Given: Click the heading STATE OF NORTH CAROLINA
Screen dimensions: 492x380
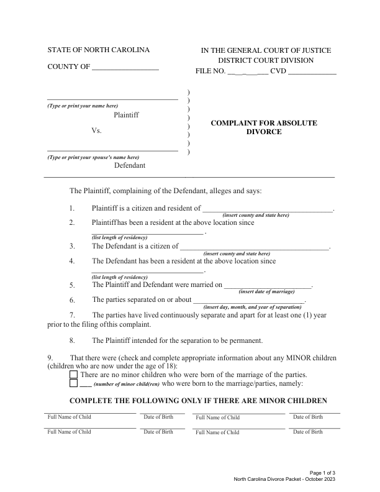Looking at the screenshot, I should (x=98, y=50).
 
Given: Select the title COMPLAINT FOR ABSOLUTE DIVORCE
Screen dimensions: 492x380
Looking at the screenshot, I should (x=264, y=127).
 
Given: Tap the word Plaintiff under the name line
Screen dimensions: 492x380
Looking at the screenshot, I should (x=126, y=116).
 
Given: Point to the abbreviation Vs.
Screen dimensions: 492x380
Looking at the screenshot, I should (x=96, y=132).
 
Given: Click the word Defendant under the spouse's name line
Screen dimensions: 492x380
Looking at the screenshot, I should (x=129, y=166).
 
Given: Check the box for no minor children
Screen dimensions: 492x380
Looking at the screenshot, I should (x=75, y=375).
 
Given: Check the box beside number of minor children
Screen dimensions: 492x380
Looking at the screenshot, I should (x=75, y=385).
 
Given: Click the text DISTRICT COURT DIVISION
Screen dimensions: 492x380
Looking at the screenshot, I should (x=265, y=60).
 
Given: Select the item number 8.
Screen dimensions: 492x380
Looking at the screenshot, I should (x=73, y=340).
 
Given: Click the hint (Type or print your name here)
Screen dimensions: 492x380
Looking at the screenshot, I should (x=83, y=105).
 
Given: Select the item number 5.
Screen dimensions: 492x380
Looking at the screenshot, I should (x=73, y=285).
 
